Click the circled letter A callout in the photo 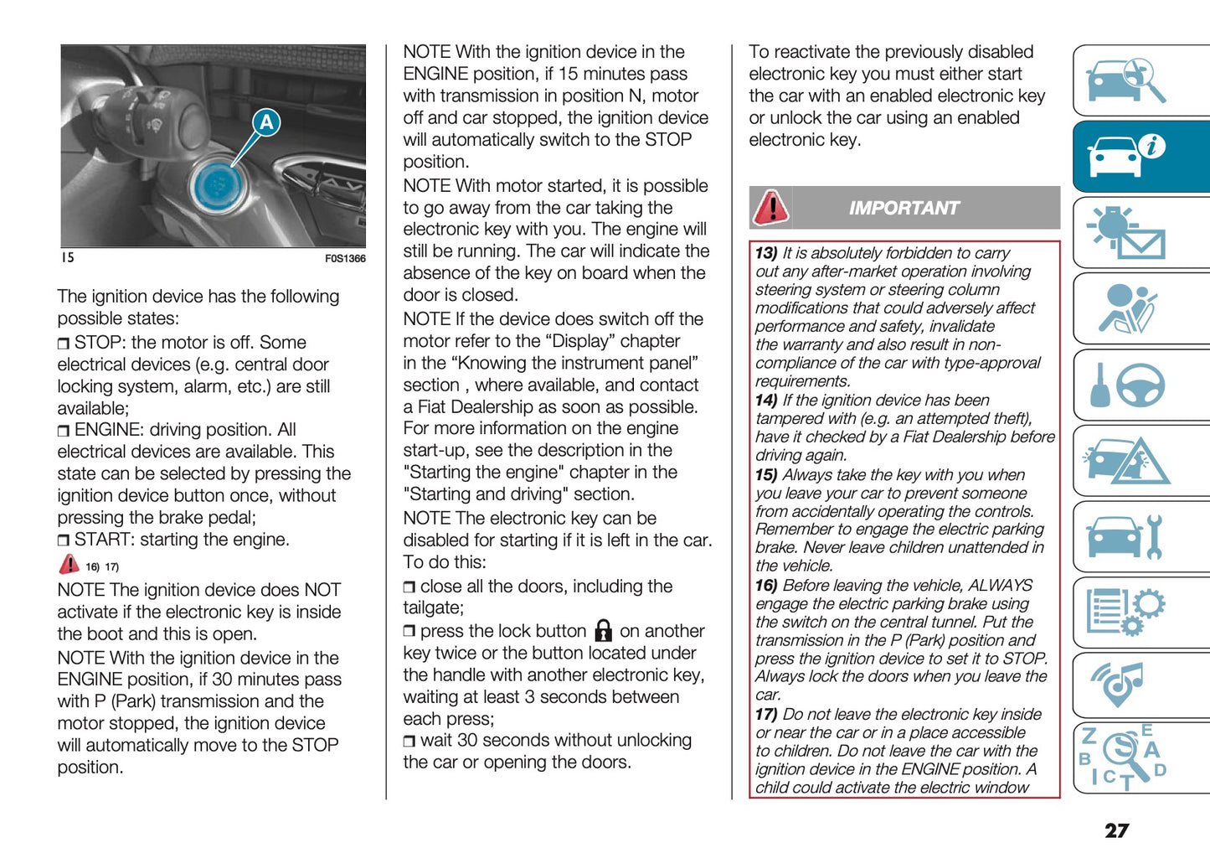266,122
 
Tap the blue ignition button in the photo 217,184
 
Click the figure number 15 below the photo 67,257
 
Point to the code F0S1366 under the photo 345,258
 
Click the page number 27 1116,830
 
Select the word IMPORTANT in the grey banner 904,208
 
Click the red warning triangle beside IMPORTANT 770,208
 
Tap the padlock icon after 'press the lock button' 603,631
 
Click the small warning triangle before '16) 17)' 69,565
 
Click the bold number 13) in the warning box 766,253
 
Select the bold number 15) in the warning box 766,475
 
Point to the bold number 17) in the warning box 766,715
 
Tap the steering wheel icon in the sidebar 1140,385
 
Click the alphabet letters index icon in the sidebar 1123,757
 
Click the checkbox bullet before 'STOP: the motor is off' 64,344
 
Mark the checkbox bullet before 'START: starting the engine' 64,540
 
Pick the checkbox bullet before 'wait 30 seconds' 409,742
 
